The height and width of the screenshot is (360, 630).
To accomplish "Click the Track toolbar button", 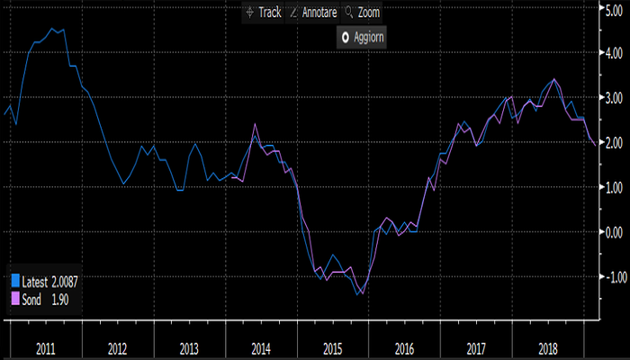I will click(x=263, y=13).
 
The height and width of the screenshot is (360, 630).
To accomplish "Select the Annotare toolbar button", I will click(x=311, y=13).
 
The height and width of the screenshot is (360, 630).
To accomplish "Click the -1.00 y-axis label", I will click(x=610, y=276).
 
